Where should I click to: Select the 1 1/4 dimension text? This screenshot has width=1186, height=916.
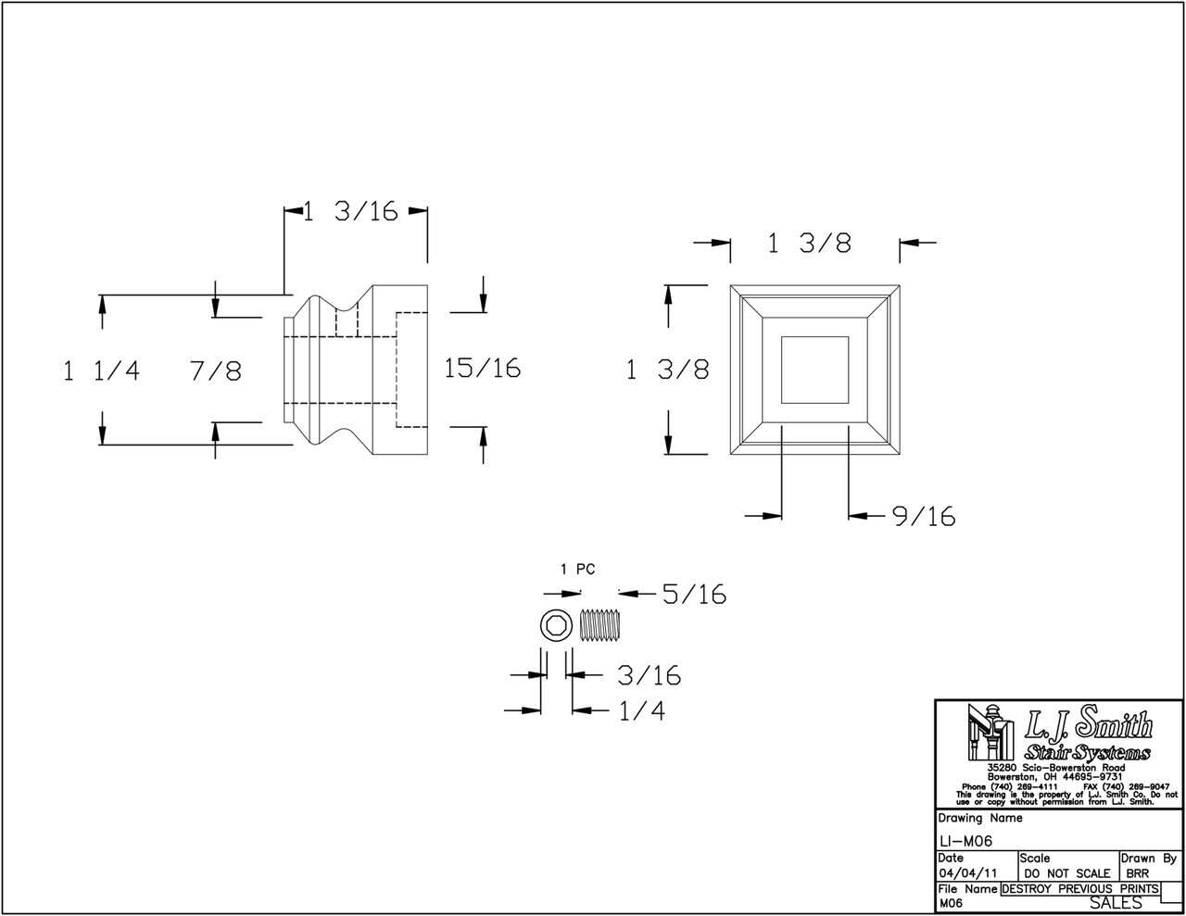click(x=101, y=371)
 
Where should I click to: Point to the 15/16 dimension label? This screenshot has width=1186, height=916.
click(x=482, y=368)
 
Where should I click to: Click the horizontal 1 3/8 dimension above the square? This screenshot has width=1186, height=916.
click(x=809, y=244)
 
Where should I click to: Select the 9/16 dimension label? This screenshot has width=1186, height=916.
click(x=923, y=516)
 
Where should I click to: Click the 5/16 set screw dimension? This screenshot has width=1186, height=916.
click(x=694, y=594)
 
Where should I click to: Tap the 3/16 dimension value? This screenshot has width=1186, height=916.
click(x=649, y=676)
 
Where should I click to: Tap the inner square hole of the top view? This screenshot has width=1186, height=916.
click(x=814, y=369)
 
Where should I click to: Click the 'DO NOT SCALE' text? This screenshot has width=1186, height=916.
click(x=1066, y=873)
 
